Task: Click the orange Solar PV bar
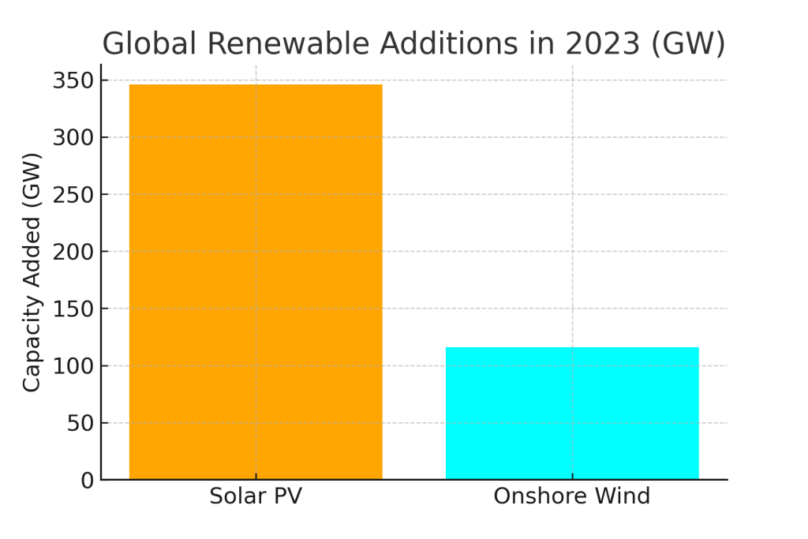tap(256, 282)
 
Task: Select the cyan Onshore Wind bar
tap(572, 413)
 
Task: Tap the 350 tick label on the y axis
tap(73, 80)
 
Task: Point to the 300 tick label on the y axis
tap(73, 137)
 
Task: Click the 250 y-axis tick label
tap(73, 195)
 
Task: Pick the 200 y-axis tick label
tap(73, 252)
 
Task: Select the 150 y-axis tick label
tap(73, 309)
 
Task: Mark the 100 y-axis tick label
tap(73, 366)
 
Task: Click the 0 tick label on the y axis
tap(87, 480)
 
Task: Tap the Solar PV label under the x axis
tap(256, 497)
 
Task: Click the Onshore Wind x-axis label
tap(572, 497)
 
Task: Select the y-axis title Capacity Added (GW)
tap(32, 272)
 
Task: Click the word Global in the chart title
tap(149, 43)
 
